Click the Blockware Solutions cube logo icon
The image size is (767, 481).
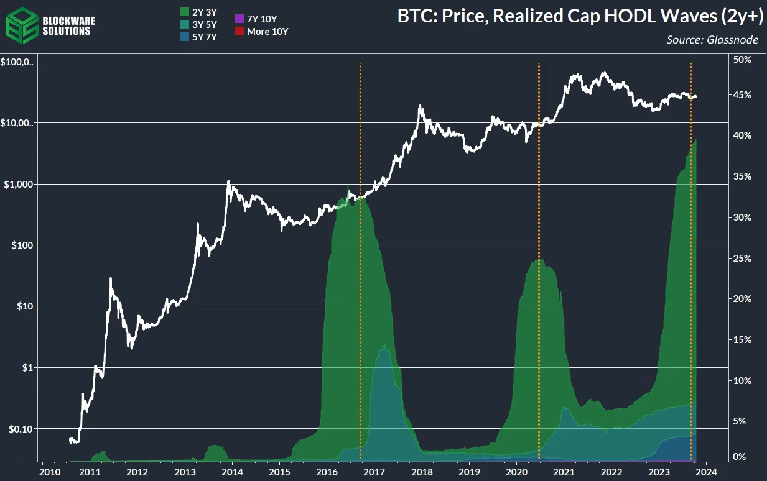click(21, 24)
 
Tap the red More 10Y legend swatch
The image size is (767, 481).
click(239, 31)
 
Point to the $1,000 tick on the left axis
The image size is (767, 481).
click(19, 185)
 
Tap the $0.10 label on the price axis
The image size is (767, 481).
click(21, 429)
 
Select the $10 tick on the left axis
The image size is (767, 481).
click(25, 306)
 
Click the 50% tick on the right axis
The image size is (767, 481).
click(743, 60)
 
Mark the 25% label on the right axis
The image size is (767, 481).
click(743, 258)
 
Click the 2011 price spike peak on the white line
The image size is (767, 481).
click(111, 278)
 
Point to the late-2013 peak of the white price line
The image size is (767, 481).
click(228, 181)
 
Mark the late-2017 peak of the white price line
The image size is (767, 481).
click(421, 106)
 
